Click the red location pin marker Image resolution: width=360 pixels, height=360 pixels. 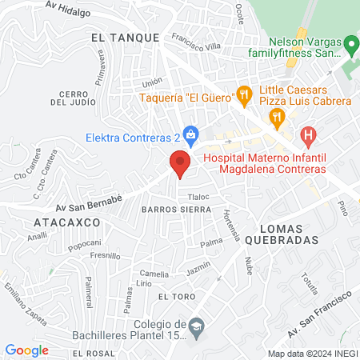coord(180,164)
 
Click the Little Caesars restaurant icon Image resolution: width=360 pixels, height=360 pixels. coord(277,117)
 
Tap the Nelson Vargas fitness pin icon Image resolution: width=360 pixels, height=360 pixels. coord(350,43)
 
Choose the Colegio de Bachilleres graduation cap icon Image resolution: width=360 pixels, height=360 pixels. coord(197,326)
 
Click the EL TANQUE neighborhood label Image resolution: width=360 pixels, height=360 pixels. coord(121,37)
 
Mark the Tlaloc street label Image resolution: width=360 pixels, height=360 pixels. coord(198,196)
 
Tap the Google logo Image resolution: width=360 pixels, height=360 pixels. coord(27,350)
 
